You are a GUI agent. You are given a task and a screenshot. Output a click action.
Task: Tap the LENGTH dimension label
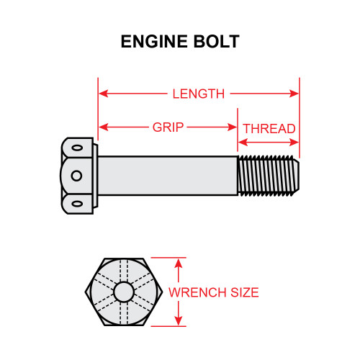(198, 94)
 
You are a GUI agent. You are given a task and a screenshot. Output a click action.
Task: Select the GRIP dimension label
(167, 127)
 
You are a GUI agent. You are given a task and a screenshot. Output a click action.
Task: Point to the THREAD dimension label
(269, 128)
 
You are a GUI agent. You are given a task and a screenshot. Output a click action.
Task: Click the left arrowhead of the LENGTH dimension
(102, 94)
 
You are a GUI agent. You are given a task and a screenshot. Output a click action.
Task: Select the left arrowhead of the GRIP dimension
(102, 127)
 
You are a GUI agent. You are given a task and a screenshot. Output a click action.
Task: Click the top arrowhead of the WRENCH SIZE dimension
(178, 262)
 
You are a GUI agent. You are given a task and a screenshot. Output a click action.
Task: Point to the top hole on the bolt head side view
(76, 148)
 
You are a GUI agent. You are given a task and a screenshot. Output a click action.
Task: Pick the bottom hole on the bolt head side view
(76, 203)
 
